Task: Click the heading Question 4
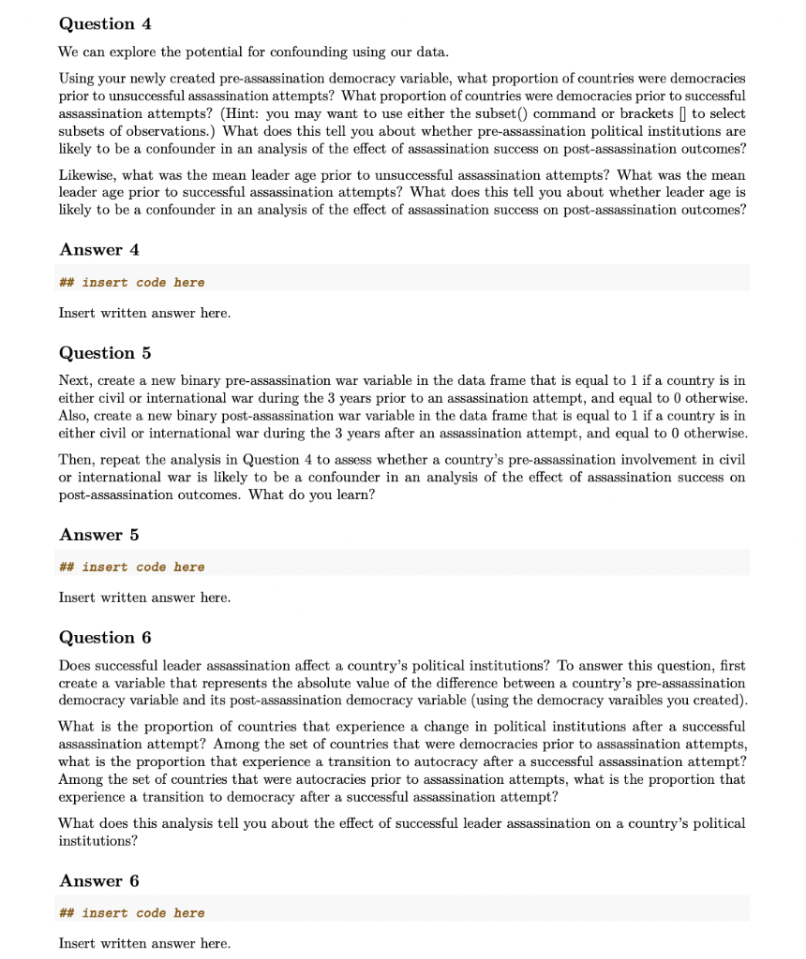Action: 105,23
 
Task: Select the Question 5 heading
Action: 105,353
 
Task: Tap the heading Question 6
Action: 105,638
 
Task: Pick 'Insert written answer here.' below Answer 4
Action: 144,313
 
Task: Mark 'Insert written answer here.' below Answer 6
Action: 144,943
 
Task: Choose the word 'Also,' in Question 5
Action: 75,416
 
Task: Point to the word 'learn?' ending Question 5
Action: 352,494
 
